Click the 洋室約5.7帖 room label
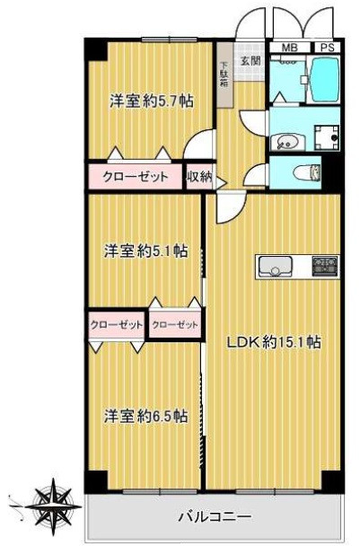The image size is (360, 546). pyautogui.click(x=152, y=101)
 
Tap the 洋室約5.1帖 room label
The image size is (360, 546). pyautogui.click(x=145, y=251)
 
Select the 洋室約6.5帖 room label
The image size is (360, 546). pyautogui.click(x=146, y=416)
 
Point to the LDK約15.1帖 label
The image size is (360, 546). pyautogui.click(x=274, y=342)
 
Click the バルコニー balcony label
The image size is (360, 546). pyautogui.click(x=215, y=516)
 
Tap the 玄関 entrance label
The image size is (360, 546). pyautogui.click(x=251, y=60)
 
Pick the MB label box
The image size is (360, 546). pyautogui.click(x=290, y=48)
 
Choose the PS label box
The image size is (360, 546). pyautogui.click(x=328, y=48)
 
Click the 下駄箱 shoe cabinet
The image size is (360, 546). pyautogui.click(x=224, y=75)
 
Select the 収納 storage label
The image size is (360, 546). pyautogui.click(x=199, y=178)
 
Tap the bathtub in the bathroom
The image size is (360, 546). pyautogui.click(x=325, y=79)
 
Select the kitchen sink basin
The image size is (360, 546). pyautogui.click(x=275, y=267)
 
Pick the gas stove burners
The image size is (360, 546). pyautogui.click(x=325, y=267)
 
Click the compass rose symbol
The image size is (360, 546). pyautogui.click(x=52, y=506)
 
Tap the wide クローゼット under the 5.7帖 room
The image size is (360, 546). pyautogui.click(x=136, y=177)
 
